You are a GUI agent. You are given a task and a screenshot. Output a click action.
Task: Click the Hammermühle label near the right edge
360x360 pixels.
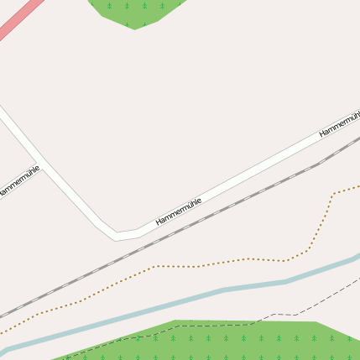[339, 123]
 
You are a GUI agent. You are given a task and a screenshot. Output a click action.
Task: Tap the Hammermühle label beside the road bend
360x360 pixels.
[179, 212]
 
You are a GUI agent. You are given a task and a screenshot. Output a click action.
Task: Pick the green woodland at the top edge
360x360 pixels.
[134, 10]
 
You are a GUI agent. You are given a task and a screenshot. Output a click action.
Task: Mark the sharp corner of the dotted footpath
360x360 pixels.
[333, 195]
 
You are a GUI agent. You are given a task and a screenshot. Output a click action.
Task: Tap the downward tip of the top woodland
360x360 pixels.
[134, 29]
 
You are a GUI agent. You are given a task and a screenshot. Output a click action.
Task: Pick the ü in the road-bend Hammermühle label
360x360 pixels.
[190, 206]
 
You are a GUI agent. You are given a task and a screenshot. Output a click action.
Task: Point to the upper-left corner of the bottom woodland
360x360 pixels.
[176, 321]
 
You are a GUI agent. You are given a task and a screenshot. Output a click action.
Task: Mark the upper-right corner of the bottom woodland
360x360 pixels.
[316, 321]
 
